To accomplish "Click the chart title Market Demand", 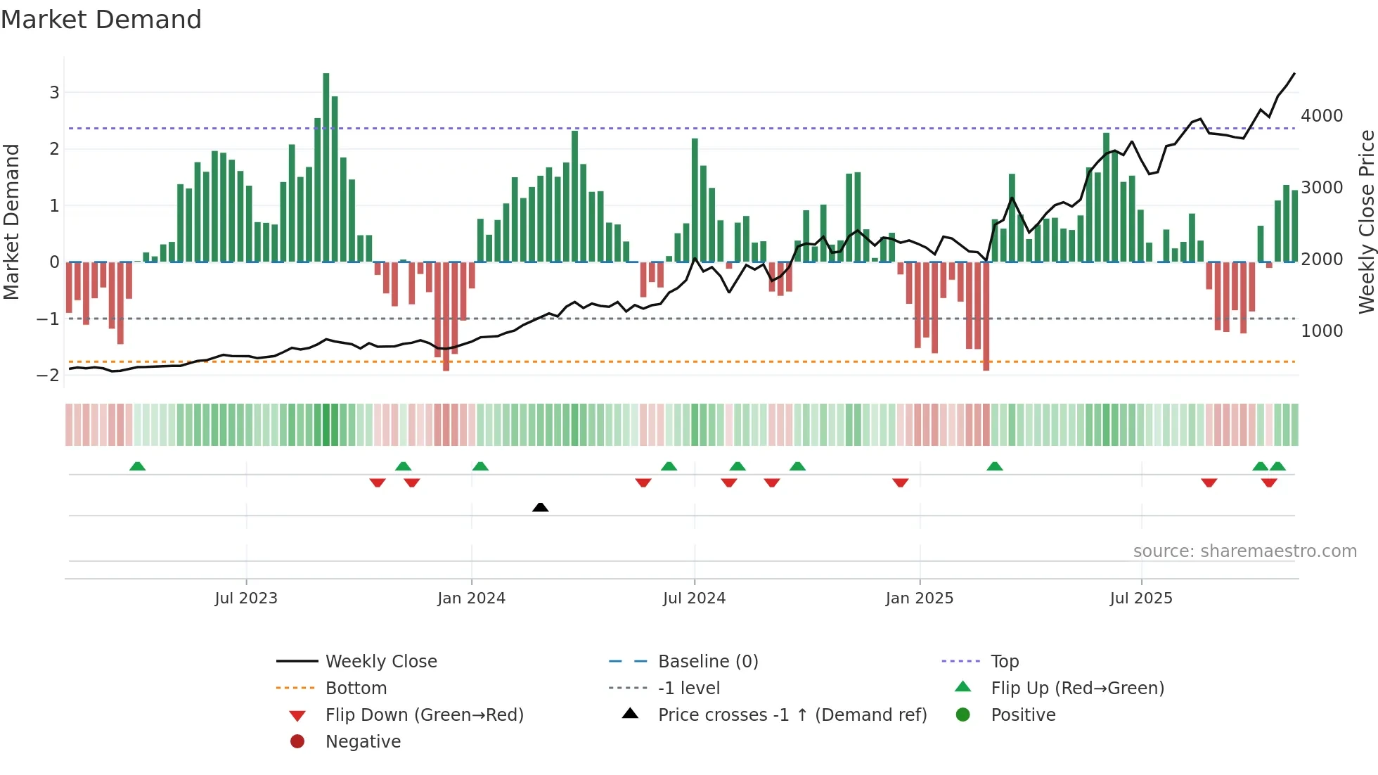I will coord(101,20).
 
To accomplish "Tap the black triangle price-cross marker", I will coord(540,507).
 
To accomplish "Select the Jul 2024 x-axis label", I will coord(694,598).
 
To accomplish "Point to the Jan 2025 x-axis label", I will coord(919,598).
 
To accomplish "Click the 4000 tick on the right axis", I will coord(1322,116).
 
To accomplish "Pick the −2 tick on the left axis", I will coord(48,376).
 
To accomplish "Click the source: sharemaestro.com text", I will coord(1244,551).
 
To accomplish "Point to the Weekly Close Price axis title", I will coord(1366,222).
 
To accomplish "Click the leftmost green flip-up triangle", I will coord(138,466).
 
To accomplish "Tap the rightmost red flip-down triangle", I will coord(1269,482).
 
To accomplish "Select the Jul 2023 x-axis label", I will coord(246,598).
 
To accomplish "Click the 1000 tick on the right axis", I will coord(1322,331).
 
